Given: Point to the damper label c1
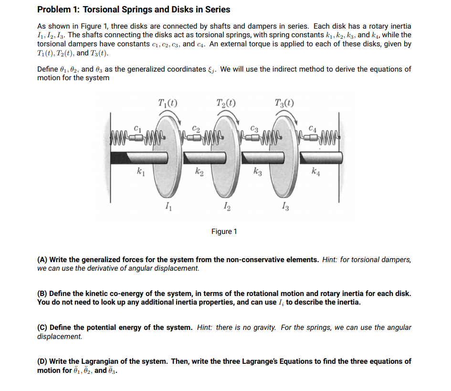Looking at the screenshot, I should (x=138, y=127).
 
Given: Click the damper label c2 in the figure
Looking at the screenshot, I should (x=196, y=129).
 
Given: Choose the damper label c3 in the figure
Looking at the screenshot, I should (x=254, y=129).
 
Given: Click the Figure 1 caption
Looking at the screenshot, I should (x=224, y=232).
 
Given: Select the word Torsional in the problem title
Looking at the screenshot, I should (x=100, y=10).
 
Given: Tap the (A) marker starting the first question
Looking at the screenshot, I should (x=42, y=260).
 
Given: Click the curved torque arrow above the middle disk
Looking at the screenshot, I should (x=225, y=115).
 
